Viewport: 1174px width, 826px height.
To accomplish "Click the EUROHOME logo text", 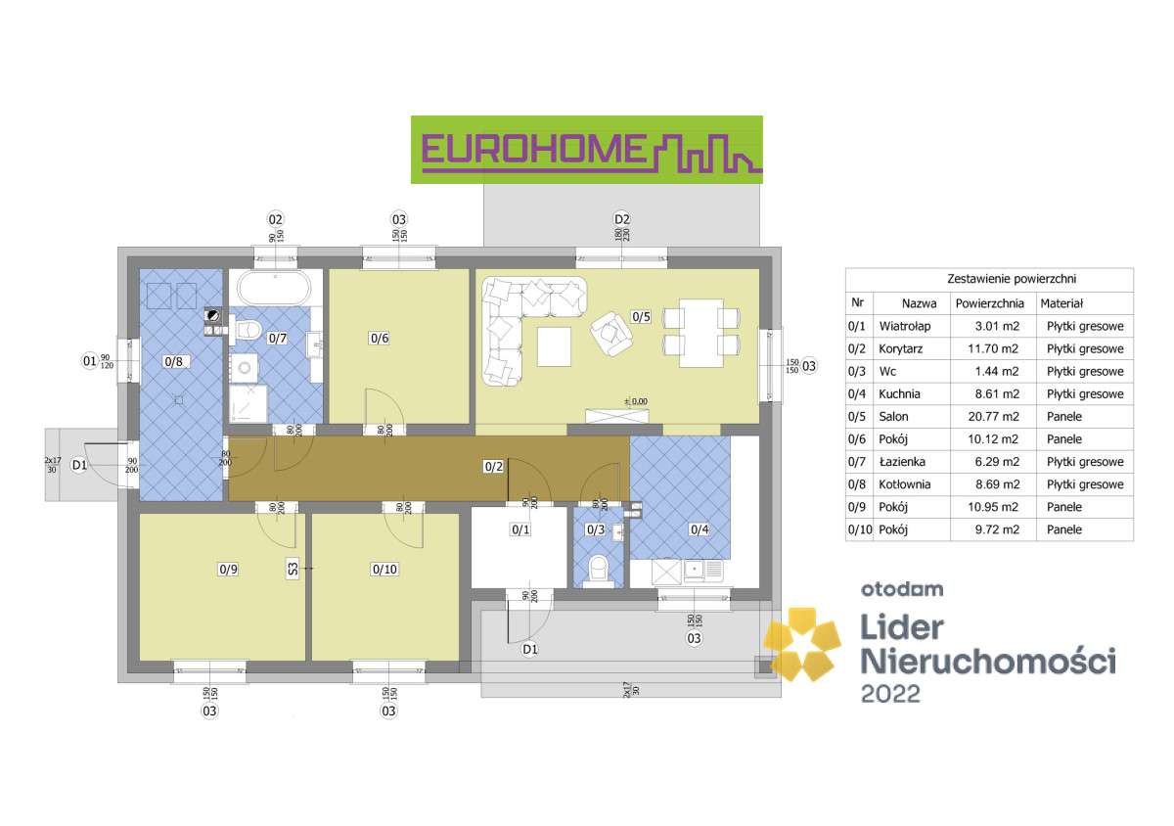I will (x=533, y=149).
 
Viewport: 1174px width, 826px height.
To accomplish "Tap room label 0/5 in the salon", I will (x=641, y=316).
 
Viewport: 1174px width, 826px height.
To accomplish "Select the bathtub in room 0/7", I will (x=275, y=291).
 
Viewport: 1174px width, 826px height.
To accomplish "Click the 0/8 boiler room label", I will (x=174, y=361).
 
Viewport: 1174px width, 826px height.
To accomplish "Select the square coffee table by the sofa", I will (x=556, y=344).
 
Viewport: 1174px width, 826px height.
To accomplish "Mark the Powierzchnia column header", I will (x=989, y=304).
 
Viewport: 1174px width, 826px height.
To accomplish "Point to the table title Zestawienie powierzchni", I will (x=989, y=279).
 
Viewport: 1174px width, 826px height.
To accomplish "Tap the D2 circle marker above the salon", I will (x=621, y=218).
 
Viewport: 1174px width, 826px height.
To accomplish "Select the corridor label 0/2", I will (x=494, y=466).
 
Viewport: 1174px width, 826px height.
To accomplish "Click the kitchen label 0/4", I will (x=699, y=529).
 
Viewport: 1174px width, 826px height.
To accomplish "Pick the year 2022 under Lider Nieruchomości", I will (x=890, y=693).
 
